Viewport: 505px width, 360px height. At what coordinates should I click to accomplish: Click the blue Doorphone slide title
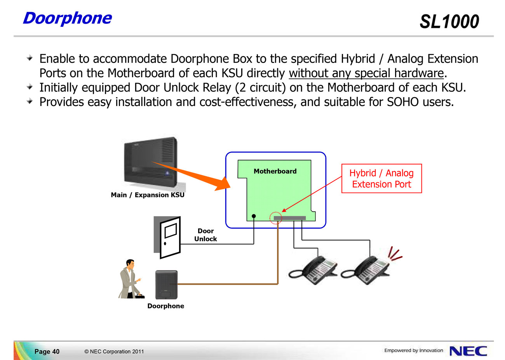tap(68, 18)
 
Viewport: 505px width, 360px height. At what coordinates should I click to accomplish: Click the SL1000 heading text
tap(449, 22)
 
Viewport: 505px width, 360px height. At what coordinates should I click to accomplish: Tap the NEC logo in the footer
tap(468, 351)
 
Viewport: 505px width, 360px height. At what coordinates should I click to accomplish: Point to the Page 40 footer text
tap(47, 351)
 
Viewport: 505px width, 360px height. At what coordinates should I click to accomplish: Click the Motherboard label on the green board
tap(275, 171)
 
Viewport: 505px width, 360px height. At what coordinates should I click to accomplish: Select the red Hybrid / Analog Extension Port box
tap(381, 179)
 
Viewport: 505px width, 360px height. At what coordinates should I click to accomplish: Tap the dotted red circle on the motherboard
tap(276, 218)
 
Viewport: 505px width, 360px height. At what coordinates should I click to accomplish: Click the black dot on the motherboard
tap(254, 216)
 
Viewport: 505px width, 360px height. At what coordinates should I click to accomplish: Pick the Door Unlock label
tap(205, 235)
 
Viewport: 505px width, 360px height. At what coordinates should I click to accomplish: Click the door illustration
tap(167, 237)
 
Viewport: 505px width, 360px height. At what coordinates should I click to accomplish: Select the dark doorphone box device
tap(166, 285)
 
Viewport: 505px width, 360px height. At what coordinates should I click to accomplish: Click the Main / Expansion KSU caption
tap(148, 195)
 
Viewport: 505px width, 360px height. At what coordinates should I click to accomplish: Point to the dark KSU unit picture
tap(151, 162)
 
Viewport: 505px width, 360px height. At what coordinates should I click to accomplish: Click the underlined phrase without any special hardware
tap(366, 73)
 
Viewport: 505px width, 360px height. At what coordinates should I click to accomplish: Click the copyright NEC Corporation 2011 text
tap(114, 351)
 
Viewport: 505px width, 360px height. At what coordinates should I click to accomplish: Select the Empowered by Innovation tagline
tap(414, 350)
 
